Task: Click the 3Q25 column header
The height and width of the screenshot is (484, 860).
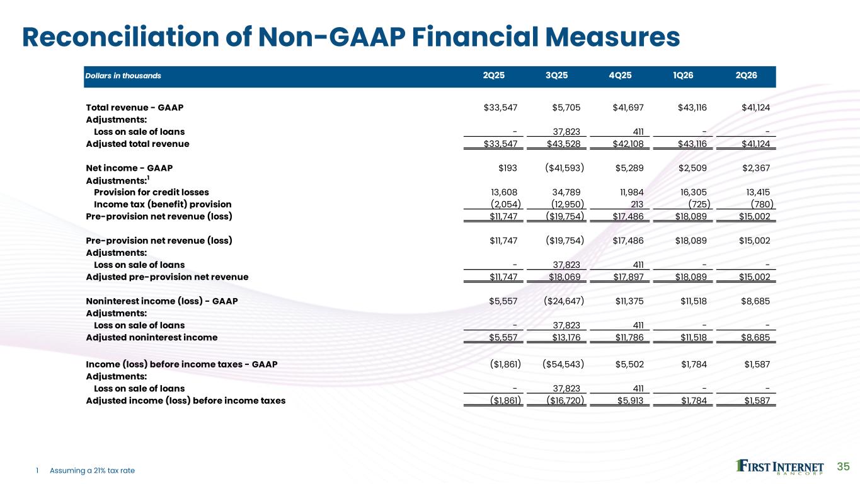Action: [x=556, y=75]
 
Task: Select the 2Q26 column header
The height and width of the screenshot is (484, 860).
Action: [x=746, y=75]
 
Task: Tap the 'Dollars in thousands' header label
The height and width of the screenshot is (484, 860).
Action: [x=123, y=76]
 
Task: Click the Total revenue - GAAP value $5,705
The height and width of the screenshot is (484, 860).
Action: [x=566, y=108]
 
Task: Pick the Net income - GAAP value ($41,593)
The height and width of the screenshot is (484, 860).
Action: [x=565, y=168]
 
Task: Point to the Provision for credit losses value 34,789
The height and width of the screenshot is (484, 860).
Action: [x=566, y=192]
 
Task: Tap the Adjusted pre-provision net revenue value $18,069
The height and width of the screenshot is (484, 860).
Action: [x=565, y=277]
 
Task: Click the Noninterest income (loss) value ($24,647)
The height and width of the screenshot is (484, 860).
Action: [x=564, y=301]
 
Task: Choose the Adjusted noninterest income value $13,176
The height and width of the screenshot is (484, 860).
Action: [x=566, y=338]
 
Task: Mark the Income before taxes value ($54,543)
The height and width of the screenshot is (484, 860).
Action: [x=563, y=364]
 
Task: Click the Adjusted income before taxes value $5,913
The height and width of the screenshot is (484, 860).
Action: [x=630, y=401]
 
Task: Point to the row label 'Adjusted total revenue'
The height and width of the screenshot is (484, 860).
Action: [x=137, y=144]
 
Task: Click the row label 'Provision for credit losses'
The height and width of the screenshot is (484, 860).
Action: [x=151, y=192]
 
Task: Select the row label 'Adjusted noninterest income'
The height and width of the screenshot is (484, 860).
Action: [x=152, y=338]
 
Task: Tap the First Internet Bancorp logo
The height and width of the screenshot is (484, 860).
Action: [x=779, y=467]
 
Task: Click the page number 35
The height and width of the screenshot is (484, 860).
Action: [x=843, y=466]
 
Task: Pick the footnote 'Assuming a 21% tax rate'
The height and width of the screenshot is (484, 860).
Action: [x=92, y=471]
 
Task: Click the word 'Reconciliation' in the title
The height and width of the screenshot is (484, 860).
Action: [x=120, y=37]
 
